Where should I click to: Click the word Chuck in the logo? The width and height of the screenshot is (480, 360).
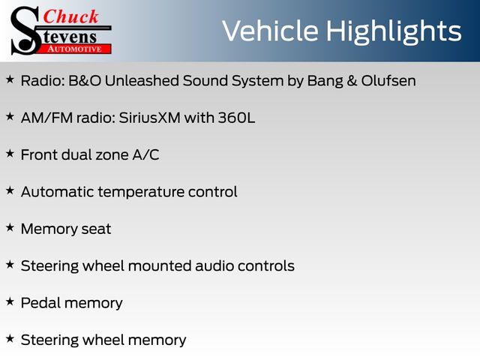tap(70, 16)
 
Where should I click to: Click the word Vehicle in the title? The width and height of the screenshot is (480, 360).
tap(270, 31)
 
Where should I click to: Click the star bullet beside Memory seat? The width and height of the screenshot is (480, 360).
tap(10, 227)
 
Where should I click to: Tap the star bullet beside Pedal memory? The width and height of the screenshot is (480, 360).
tap(10, 301)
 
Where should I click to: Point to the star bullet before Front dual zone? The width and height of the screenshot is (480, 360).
tap(10, 153)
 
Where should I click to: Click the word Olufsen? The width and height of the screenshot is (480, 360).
tap(388, 81)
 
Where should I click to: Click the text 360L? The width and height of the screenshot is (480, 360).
tap(236, 118)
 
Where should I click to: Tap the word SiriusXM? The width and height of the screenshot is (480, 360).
tap(149, 118)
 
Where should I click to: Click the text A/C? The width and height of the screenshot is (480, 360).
tap(145, 155)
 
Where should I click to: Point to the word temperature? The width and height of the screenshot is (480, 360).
tap(141, 193)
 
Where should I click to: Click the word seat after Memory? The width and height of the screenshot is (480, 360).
tap(96, 229)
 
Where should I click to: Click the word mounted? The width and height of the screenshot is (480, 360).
tap(160, 265)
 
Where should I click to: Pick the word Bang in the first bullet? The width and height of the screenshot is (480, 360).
tap(325, 82)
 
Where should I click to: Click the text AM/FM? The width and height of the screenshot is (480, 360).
tap(46, 118)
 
